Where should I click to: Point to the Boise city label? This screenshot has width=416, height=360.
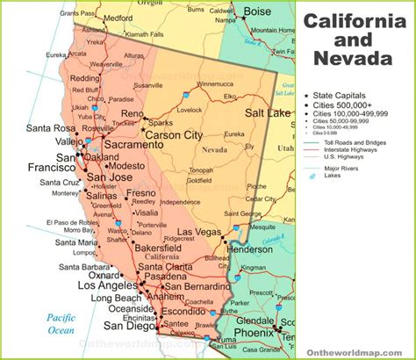click(257, 11)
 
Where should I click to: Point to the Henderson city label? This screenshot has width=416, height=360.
click(252, 248)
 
